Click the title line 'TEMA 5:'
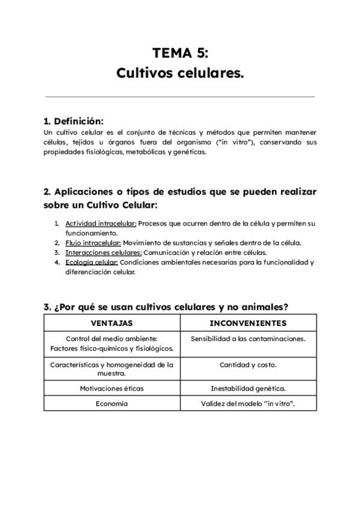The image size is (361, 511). pos(180,53)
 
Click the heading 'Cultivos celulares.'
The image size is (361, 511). pos(180,74)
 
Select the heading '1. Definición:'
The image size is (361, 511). pos(73,121)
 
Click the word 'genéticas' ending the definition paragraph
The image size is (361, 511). pos(188,152)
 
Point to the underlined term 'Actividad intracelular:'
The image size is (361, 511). pos(101,223)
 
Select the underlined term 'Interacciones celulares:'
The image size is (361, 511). pos(103,252)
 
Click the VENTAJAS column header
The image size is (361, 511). pos(112,323)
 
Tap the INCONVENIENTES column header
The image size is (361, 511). pos(248,323)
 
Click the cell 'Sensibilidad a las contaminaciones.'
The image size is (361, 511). pos(248,339)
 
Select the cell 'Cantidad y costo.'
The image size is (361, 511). pos(248,365)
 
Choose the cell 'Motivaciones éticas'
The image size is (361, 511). pos(112,388)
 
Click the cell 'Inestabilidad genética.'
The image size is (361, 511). pos(248,388)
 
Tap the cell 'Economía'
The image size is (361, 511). pos(112,404)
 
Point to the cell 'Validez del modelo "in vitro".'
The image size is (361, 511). pos(248,404)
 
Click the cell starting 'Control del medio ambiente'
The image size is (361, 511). pos(112,343)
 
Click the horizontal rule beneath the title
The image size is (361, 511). pos(180,96)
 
